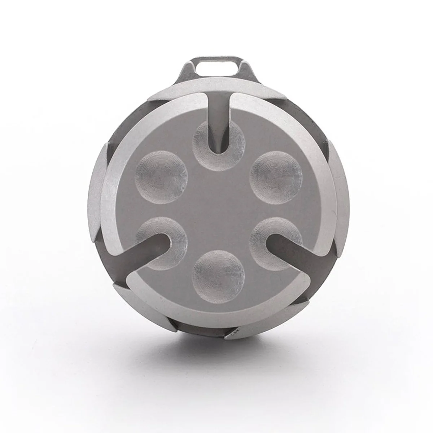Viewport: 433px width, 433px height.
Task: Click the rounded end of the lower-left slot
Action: [x=165, y=240]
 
